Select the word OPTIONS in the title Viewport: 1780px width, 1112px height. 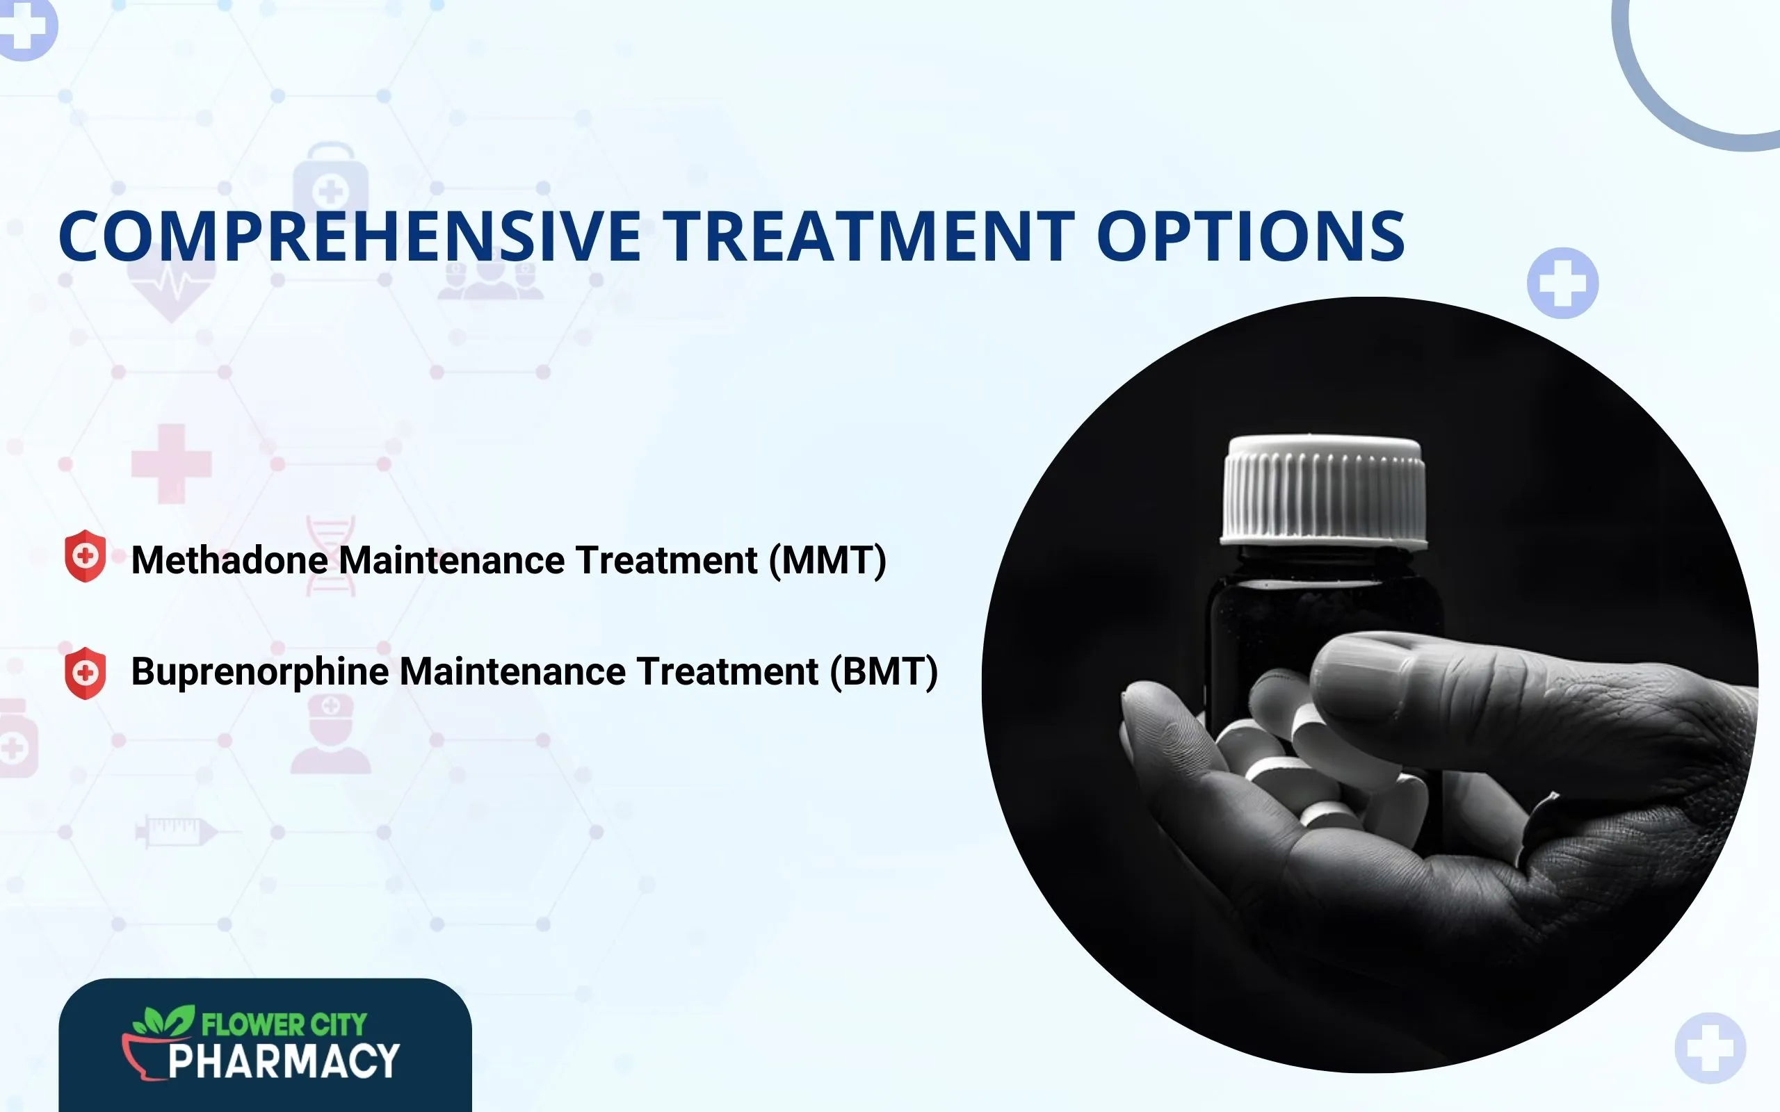point(1250,236)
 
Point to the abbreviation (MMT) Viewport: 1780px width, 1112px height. point(827,560)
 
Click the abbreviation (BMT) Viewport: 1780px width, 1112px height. point(883,671)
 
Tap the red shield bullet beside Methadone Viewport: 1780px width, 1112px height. point(86,556)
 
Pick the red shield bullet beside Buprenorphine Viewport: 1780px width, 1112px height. point(86,673)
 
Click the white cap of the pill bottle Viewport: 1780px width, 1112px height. point(1323,489)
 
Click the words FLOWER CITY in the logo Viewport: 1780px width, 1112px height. point(284,1024)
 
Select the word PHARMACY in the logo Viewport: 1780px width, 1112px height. point(284,1062)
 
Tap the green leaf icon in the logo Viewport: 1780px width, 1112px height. point(163,1021)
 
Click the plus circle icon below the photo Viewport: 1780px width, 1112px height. point(1710,1048)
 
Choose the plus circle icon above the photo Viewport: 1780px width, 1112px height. point(1562,283)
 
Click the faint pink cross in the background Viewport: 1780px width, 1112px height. point(171,464)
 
